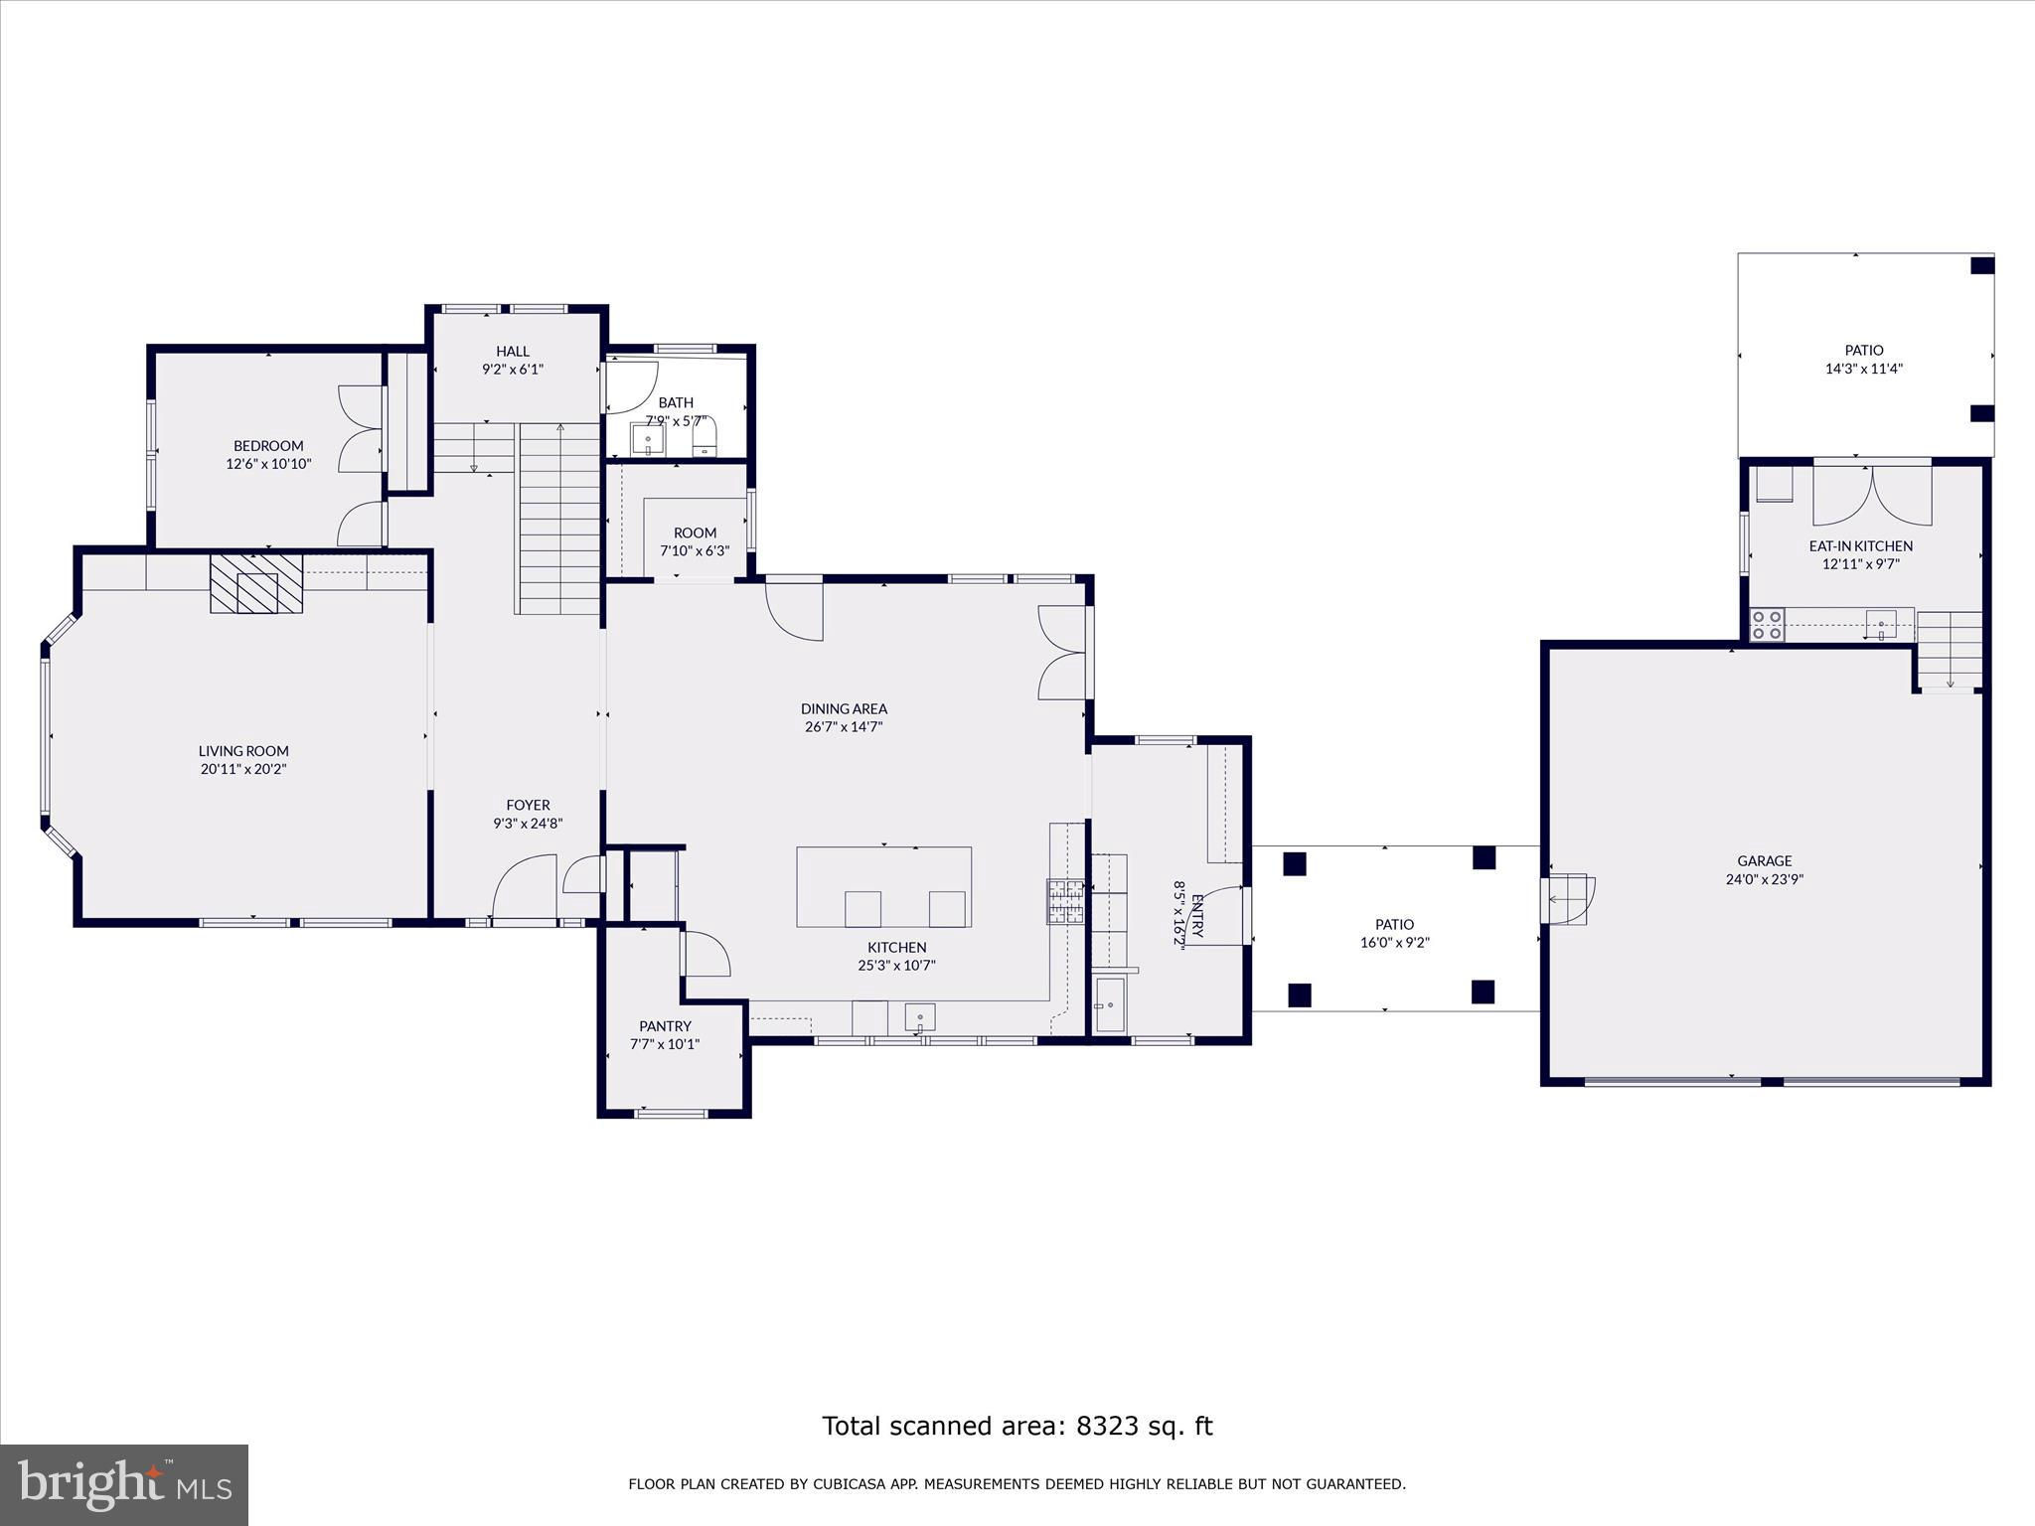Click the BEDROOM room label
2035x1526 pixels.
point(268,446)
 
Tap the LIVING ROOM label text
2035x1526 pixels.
point(243,751)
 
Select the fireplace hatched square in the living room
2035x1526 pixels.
point(255,583)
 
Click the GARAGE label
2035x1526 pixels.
point(1765,861)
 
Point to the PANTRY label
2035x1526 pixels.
point(665,1026)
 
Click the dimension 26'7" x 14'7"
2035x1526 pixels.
point(844,727)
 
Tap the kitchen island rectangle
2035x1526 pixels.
point(884,886)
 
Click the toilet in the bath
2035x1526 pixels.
point(704,436)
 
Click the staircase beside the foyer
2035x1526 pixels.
point(559,519)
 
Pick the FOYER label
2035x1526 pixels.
point(528,806)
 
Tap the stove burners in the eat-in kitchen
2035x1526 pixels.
point(1767,624)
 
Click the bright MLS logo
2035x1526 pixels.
point(124,1485)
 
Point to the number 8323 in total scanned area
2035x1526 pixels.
point(1107,1426)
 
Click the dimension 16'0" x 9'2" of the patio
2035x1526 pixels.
point(1394,943)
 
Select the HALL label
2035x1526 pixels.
point(513,352)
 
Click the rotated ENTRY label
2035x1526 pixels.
point(1197,916)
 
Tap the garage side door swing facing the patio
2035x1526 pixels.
point(1568,899)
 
